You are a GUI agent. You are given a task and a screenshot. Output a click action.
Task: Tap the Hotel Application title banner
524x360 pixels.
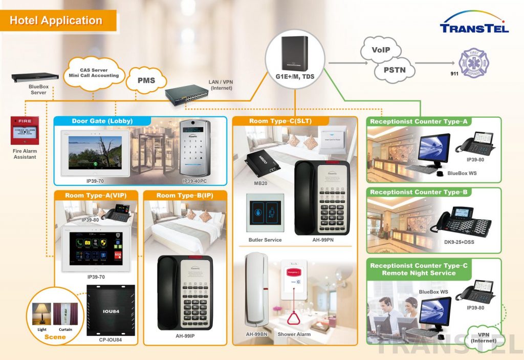point(56,21)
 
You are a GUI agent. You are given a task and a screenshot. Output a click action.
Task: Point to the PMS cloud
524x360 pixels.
point(146,80)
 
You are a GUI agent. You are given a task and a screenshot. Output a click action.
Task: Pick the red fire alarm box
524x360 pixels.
point(25,130)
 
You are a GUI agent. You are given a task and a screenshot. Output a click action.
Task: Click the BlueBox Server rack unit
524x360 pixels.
point(36,77)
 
